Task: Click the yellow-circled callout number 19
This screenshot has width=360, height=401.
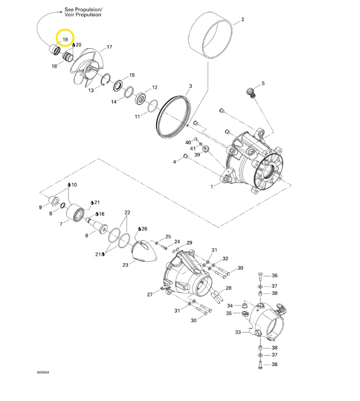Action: coord(65,40)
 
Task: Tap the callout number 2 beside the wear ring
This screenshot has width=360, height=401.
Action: coord(243,19)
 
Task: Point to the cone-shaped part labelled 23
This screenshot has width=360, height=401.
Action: coord(145,251)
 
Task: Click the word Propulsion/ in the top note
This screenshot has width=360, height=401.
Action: coord(89,9)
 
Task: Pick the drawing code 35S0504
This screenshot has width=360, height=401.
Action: coord(43,372)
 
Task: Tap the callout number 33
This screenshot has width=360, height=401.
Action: coord(238,332)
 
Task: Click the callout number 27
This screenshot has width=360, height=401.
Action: coord(150,295)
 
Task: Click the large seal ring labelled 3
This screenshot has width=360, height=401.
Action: coord(173,117)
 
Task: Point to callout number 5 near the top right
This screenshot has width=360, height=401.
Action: coord(263,83)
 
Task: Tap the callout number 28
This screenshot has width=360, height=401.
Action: coord(228,288)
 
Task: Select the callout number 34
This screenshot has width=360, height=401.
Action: coord(230,306)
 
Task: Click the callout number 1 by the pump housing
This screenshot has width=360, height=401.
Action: coord(212,187)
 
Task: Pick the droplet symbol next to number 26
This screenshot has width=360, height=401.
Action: coord(139,229)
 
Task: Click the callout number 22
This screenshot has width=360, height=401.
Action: coord(127,212)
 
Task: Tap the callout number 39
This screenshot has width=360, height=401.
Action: coord(197,155)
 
